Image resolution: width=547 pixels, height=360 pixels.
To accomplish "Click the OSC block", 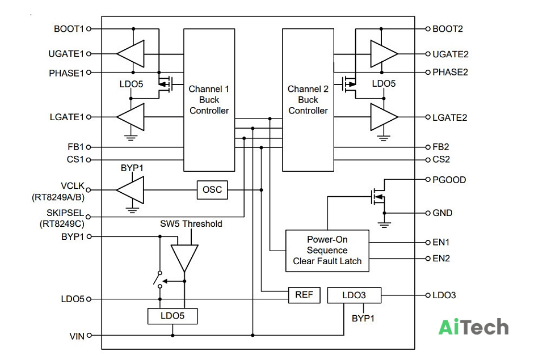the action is (x=212, y=190).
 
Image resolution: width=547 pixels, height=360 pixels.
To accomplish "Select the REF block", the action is (x=304, y=295).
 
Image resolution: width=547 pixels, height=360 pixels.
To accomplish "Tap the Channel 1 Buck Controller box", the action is (x=209, y=100).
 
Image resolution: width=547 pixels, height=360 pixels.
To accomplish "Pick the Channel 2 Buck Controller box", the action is (x=308, y=100).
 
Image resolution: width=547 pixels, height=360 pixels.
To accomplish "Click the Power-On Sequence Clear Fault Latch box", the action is (x=327, y=251).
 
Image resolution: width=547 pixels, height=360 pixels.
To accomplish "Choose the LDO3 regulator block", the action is (x=354, y=295).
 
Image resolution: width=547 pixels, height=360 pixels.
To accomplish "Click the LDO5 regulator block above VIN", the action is (x=172, y=316).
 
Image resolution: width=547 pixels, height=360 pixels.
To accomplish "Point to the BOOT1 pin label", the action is (x=69, y=29).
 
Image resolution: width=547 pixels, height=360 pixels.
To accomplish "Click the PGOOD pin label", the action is (x=449, y=180).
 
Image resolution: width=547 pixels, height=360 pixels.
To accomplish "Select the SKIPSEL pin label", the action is (x=65, y=213).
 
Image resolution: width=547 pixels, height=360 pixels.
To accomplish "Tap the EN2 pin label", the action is (x=441, y=259).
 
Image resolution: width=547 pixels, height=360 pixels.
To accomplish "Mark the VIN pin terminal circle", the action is (x=89, y=335).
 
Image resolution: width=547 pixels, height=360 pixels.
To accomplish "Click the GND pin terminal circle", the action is (x=428, y=213).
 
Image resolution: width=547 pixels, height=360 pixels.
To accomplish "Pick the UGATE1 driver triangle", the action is (x=131, y=54).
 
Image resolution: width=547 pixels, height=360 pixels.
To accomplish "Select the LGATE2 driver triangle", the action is (x=384, y=117).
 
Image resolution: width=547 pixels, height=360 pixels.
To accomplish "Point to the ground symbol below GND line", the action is (x=384, y=224).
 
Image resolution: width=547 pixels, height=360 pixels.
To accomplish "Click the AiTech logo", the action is (x=473, y=327).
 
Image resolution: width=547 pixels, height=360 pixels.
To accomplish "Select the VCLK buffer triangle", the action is (x=130, y=190).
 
